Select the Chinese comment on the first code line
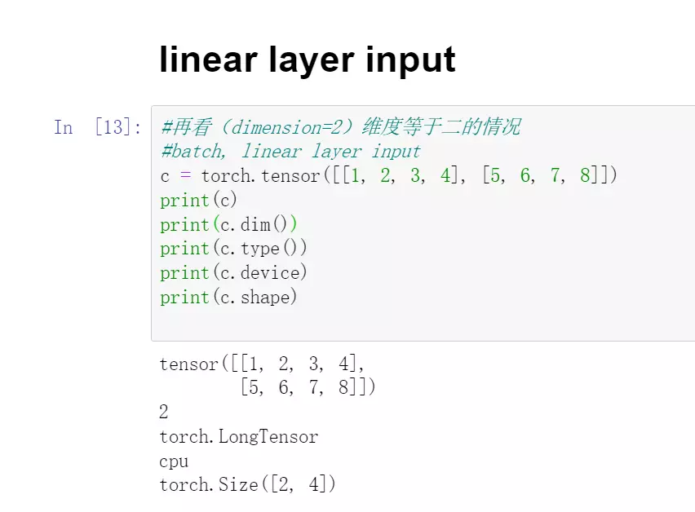coord(340,127)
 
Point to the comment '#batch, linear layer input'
coord(290,151)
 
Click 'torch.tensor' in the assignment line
coord(261,175)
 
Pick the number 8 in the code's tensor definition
coord(585,175)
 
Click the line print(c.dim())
coord(229,224)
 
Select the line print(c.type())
coord(234,249)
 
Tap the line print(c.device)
coord(234,272)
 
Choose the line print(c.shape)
coord(229,297)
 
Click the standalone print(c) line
coord(199,200)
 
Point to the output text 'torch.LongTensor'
coord(239,437)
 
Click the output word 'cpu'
coord(174,461)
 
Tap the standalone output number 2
coord(164,413)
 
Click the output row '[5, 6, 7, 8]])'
coord(308,388)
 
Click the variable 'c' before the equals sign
coord(165,176)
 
